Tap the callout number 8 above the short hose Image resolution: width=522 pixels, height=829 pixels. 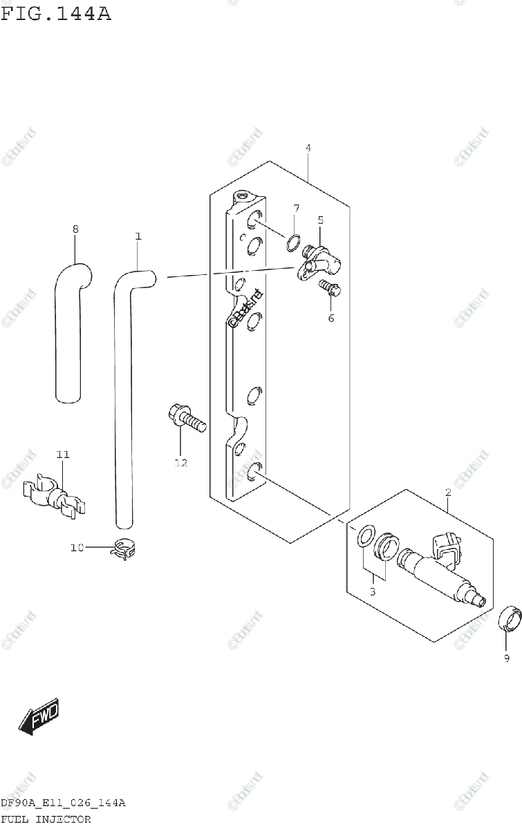(x=75, y=229)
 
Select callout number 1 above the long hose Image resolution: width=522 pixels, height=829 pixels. (x=138, y=236)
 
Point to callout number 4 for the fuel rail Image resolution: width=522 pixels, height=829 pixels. (x=308, y=148)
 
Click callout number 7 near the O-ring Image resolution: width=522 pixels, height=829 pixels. (x=295, y=208)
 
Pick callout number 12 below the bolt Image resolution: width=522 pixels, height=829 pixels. (x=180, y=463)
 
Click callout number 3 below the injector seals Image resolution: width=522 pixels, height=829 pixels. (x=372, y=591)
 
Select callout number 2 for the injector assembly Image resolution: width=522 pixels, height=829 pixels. (x=448, y=493)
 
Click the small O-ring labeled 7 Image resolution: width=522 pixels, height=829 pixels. (x=293, y=242)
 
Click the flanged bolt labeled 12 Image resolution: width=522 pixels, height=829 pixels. (x=185, y=419)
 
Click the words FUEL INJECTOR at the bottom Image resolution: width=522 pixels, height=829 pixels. (x=46, y=819)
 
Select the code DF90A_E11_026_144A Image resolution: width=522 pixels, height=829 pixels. (x=63, y=803)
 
